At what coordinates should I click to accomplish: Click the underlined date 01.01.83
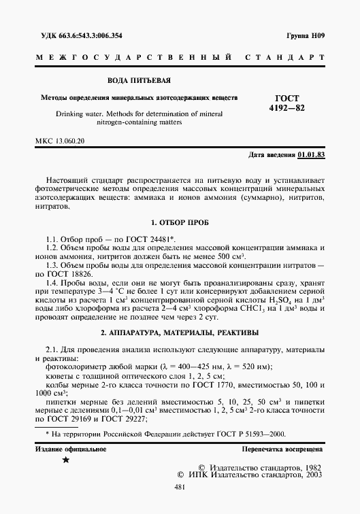[311, 156]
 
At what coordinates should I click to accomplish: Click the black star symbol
[66, 461]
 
